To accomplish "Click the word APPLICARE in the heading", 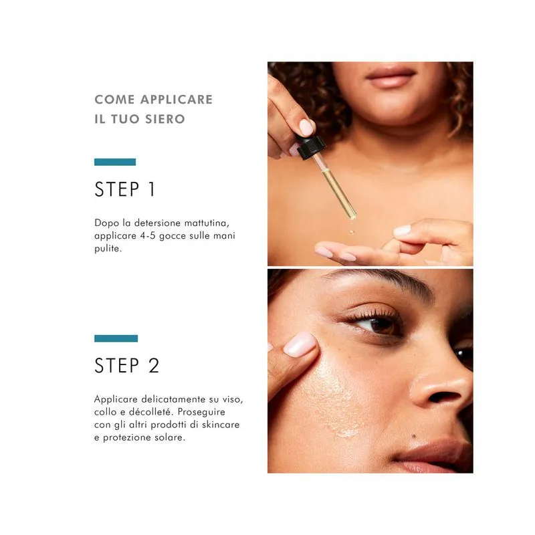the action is (x=177, y=99).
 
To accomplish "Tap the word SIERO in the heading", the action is (x=165, y=119).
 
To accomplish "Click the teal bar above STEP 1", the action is (x=115, y=162).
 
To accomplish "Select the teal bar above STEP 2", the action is (x=116, y=338).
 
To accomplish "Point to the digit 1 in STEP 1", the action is (x=152, y=189).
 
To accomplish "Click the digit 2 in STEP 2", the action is (x=154, y=365).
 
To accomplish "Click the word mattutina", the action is (x=207, y=223).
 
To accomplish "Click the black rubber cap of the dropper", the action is (x=310, y=147).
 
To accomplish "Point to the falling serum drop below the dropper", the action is (x=352, y=232).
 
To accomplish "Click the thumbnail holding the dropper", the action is (x=306, y=127).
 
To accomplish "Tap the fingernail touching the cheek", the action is (x=300, y=344).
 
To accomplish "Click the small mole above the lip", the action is (x=413, y=436).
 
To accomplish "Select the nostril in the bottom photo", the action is (x=443, y=397).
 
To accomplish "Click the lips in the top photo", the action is (x=390, y=78).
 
